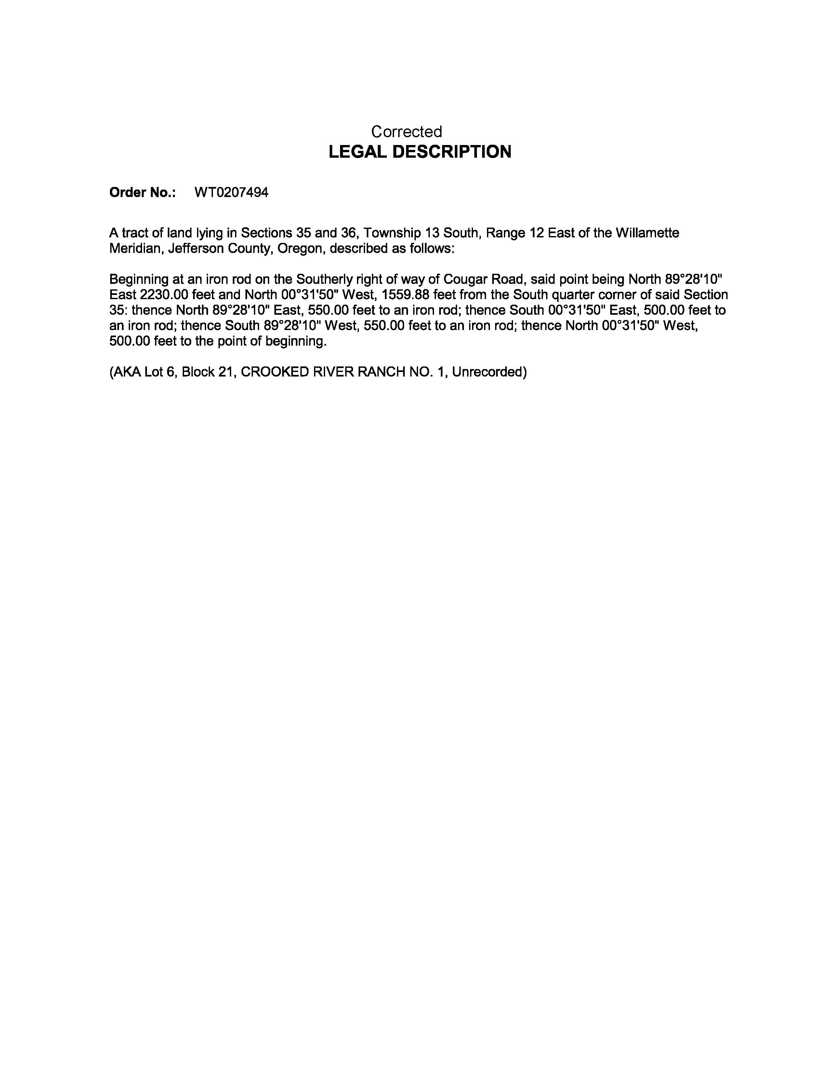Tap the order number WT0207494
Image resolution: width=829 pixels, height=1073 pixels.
(231, 192)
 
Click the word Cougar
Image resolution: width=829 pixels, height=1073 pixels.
(462, 280)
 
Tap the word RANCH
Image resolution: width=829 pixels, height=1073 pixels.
(381, 372)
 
